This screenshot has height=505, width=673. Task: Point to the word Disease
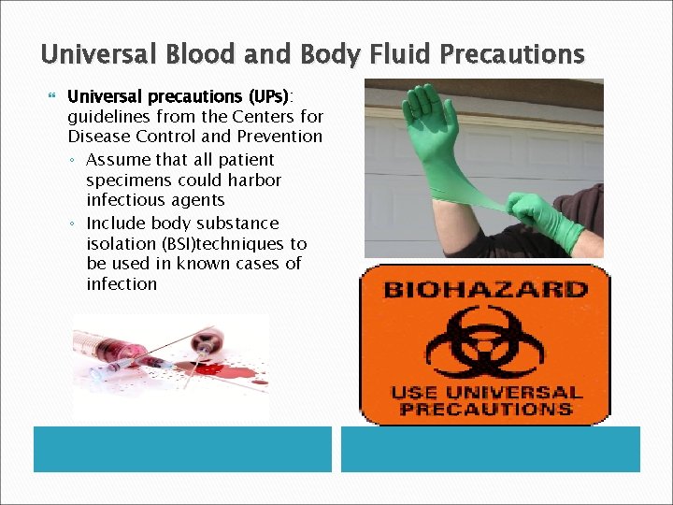pos(100,137)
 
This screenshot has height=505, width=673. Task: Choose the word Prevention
pos(279,137)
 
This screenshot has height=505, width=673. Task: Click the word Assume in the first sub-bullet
pos(116,160)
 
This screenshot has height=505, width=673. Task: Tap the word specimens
pos(126,180)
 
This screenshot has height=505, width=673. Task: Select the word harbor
pos(254,180)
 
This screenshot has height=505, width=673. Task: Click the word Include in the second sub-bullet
pos(115,224)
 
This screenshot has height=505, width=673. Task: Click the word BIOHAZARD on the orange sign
pos(484,288)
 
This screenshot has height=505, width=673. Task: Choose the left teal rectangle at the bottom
pos(182,449)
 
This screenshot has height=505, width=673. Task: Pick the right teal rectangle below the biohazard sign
pos(490,449)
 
